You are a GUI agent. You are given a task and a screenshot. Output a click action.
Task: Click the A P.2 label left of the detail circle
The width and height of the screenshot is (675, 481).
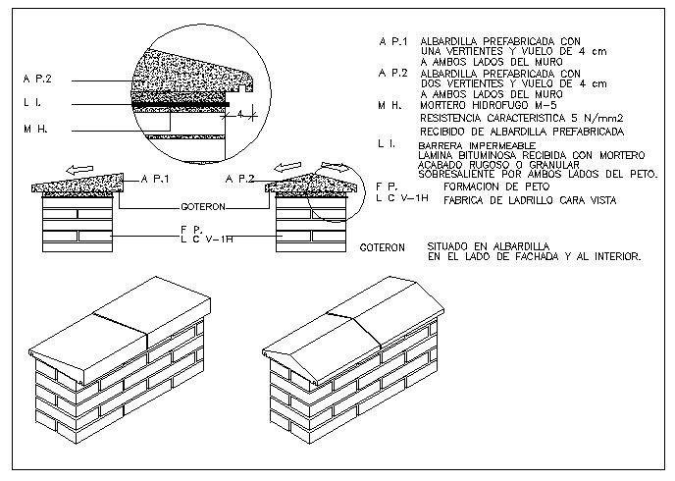[36, 77]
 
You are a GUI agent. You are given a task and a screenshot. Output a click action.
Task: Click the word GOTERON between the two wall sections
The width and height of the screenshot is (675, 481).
[204, 207]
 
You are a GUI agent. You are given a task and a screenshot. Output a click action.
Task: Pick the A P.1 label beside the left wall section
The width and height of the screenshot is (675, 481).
[155, 180]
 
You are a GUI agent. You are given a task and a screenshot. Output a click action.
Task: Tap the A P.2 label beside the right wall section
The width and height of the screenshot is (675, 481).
[239, 180]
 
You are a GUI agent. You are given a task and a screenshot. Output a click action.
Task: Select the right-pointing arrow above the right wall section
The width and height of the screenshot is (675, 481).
[336, 168]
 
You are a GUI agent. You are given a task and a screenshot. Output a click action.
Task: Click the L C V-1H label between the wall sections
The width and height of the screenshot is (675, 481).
[205, 239]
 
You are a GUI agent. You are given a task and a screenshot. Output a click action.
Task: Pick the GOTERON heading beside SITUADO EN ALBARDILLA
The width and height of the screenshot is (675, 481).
[383, 247]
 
